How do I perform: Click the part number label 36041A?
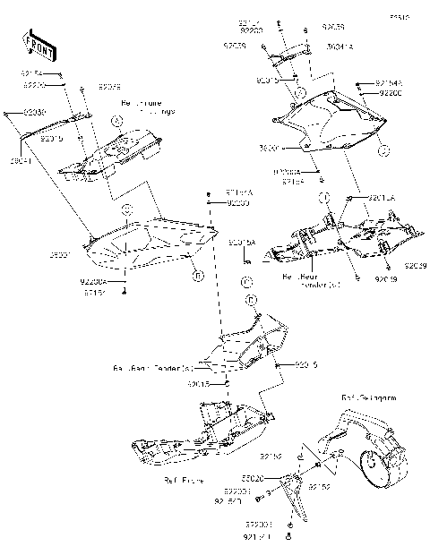coord(314,45)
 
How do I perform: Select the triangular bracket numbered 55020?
coord(292,496)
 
